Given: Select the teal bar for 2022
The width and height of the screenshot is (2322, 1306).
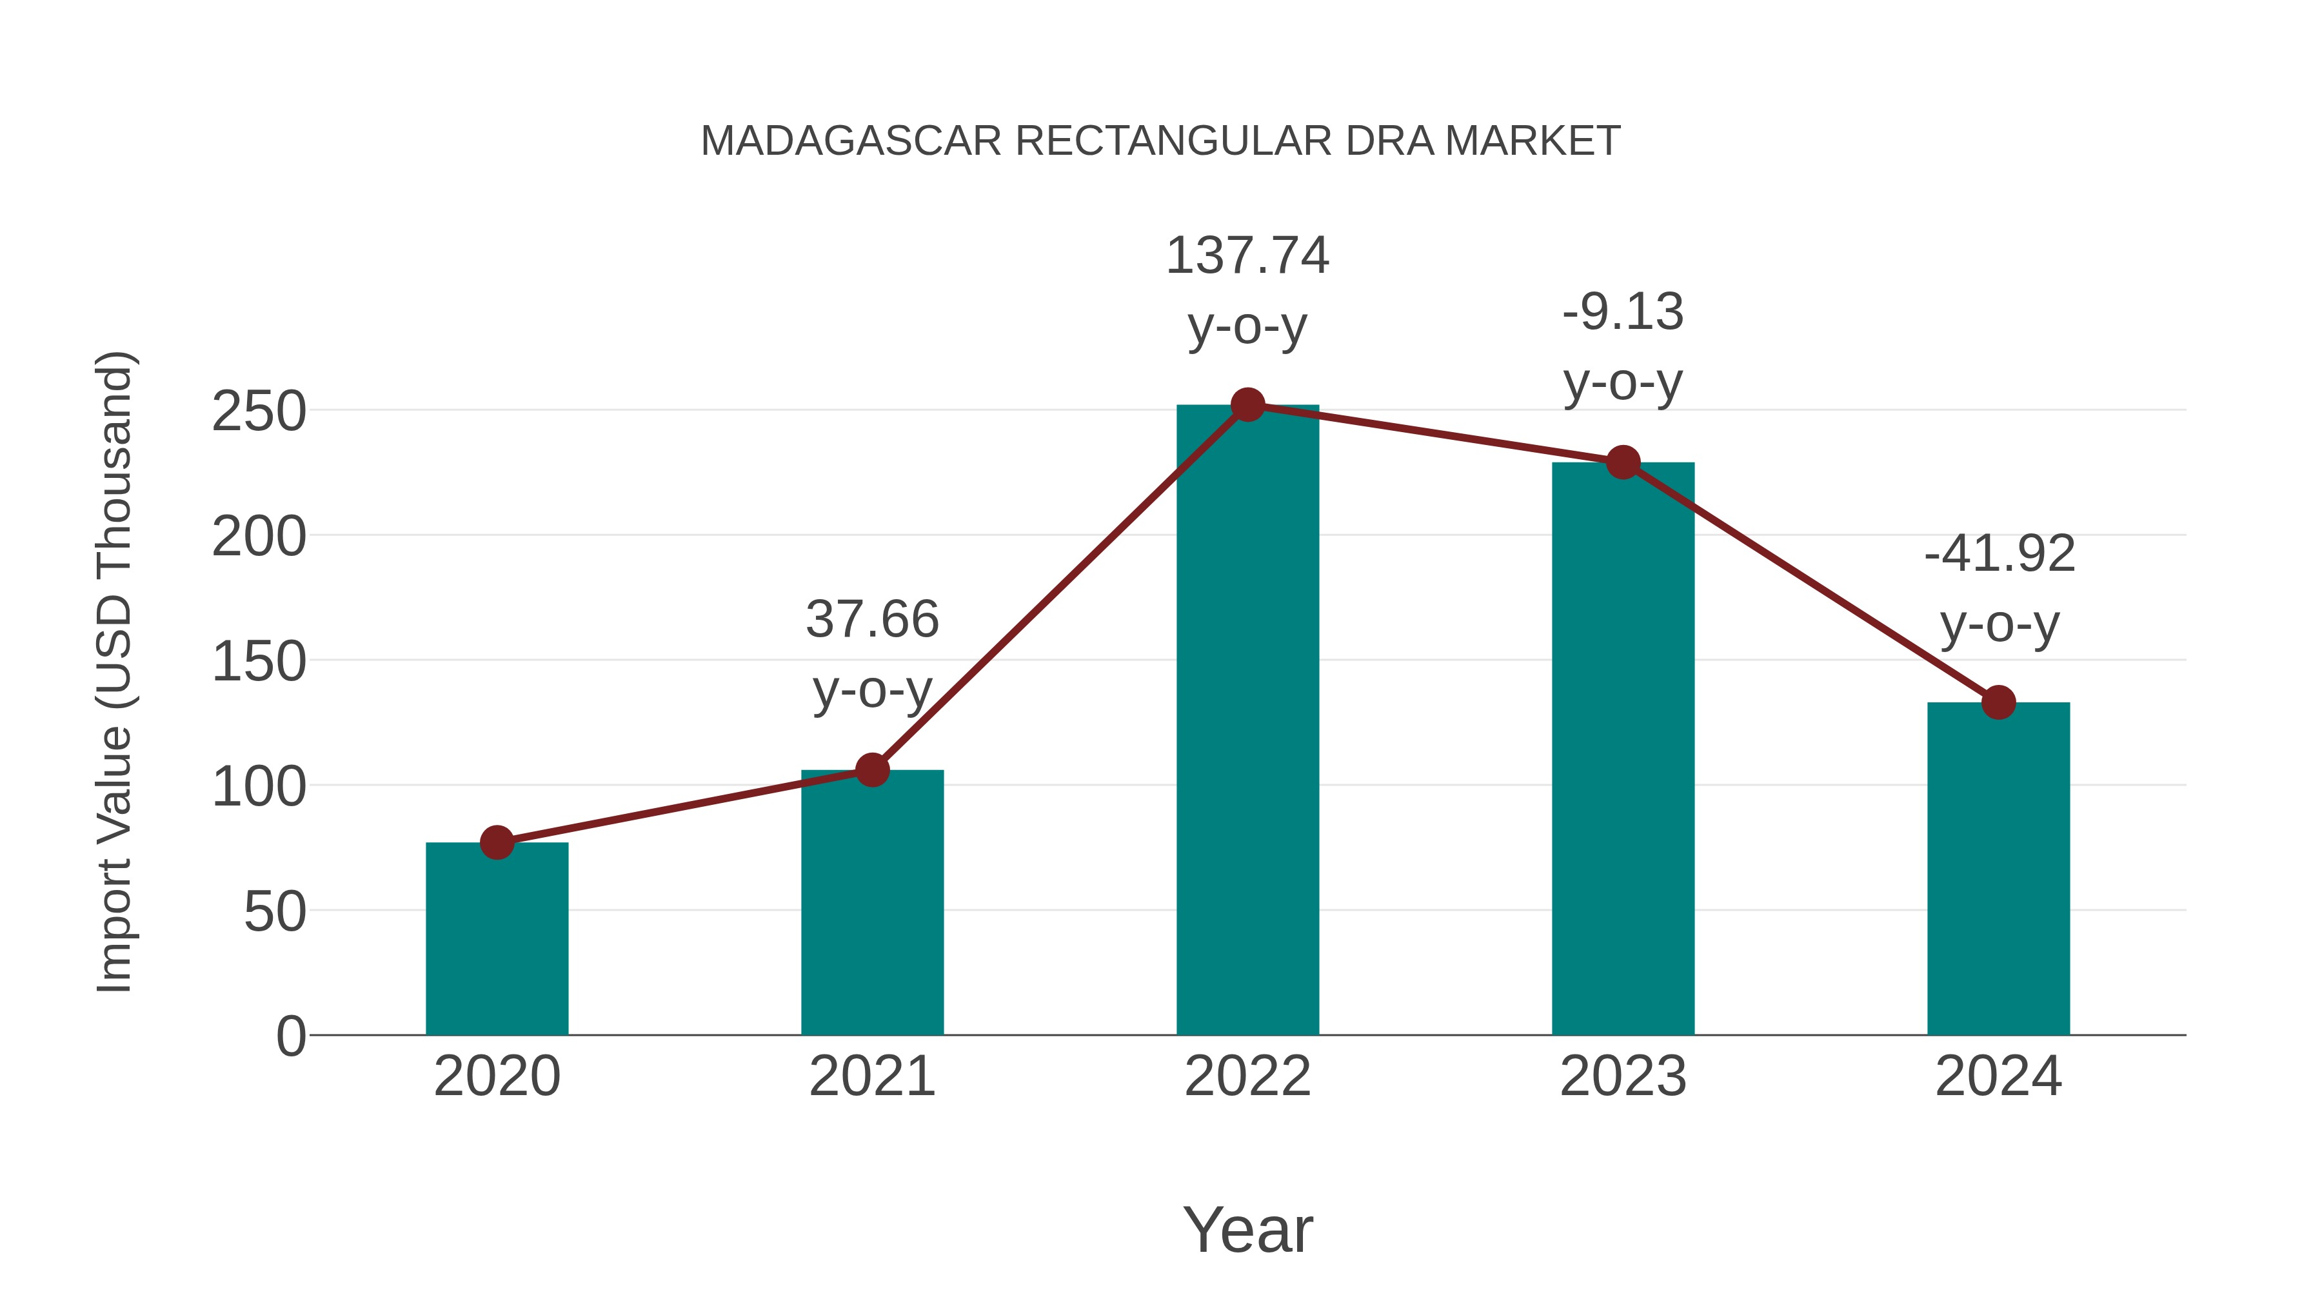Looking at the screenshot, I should tap(1247, 721).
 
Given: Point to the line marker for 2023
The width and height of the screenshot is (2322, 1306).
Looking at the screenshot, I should tap(1623, 462).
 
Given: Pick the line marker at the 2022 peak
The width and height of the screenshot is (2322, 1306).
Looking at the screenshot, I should tap(1247, 406).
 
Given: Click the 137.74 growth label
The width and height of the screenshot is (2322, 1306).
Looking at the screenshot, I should tap(1247, 256).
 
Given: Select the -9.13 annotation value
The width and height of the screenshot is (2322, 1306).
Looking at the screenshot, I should tap(1623, 313).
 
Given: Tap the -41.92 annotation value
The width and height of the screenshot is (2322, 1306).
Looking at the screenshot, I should tap(1998, 553).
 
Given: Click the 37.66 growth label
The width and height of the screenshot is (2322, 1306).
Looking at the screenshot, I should tap(871, 619).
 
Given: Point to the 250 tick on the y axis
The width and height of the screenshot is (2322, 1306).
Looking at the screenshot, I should tap(259, 412).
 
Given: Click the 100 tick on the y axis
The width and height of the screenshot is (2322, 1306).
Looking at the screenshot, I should tap(259, 787).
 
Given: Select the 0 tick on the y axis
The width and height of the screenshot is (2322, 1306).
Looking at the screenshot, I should tap(290, 1036).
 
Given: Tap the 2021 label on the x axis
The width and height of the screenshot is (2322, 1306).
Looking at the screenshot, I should tap(871, 1076).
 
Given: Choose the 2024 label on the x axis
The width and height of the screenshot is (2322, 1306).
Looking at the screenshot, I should tap(1998, 1076).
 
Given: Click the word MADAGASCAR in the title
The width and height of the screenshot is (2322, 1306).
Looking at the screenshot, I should tap(851, 141).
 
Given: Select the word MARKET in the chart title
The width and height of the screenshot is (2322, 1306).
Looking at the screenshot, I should tap(1533, 141).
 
